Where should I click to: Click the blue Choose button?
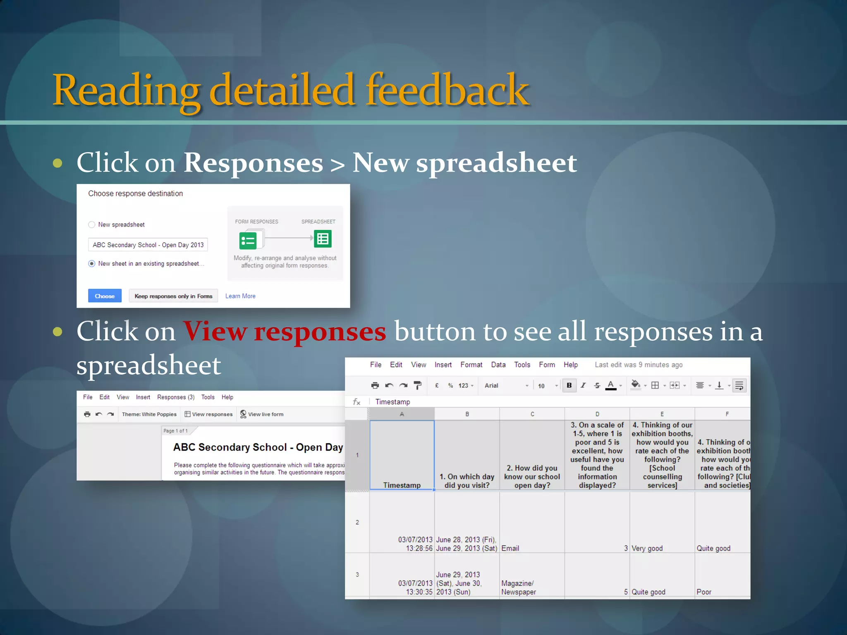[x=105, y=296]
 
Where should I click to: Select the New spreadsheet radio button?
[x=92, y=224]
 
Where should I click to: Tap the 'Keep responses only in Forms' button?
[x=173, y=296]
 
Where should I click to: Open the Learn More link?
[x=240, y=296]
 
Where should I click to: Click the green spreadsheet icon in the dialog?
[x=323, y=239]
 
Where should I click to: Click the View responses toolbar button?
[x=209, y=414]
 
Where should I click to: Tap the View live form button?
[x=262, y=414]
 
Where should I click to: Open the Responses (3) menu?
[x=176, y=397]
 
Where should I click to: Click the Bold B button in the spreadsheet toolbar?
[x=569, y=385]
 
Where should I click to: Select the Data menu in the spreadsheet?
[x=498, y=365]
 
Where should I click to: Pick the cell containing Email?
[x=532, y=523]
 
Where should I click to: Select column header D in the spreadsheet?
[x=597, y=414]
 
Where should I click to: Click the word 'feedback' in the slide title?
[x=447, y=90]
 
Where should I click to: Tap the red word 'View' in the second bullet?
[x=215, y=332]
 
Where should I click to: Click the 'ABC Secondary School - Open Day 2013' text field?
[x=148, y=245]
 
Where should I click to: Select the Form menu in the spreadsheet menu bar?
[x=547, y=365]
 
